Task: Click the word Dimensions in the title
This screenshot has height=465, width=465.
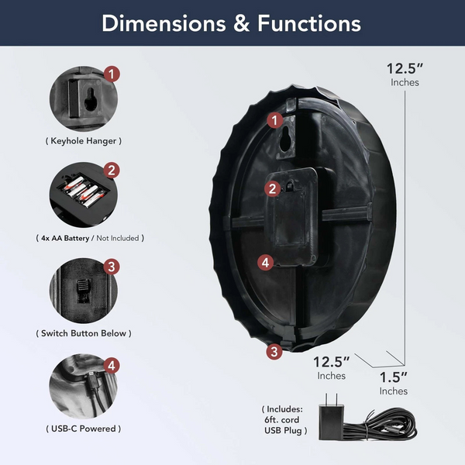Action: point(164,23)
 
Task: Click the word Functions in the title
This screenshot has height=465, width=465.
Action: point(309,23)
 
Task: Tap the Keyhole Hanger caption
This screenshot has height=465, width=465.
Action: point(84,141)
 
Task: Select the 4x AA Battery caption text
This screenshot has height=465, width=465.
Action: point(65,238)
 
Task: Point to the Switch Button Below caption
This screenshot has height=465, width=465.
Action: point(84,333)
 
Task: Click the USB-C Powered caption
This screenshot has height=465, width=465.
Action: point(84,429)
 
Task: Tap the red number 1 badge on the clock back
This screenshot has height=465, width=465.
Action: point(275,120)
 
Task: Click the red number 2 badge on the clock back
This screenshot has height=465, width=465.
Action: point(272,188)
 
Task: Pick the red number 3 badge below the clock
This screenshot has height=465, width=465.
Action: point(274,352)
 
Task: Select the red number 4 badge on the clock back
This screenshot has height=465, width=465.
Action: point(265,263)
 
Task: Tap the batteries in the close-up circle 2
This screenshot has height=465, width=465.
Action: point(84,192)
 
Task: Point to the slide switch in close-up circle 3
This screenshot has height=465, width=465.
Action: point(83,291)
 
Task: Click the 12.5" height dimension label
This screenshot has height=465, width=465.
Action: point(405,74)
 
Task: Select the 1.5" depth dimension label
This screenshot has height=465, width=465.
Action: point(394,383)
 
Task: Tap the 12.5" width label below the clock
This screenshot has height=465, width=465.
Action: point(331,367)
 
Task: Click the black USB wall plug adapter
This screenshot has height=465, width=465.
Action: point(331,418)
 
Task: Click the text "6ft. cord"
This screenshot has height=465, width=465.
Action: point(282,419)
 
